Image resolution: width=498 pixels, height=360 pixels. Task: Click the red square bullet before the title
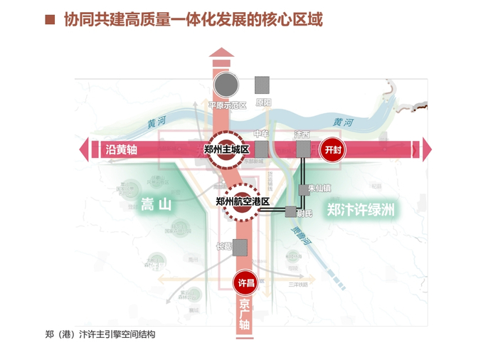pyautogui.click(x=50, y=19)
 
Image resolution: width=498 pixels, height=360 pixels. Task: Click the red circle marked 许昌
pyautogui.click(x=245, y=282)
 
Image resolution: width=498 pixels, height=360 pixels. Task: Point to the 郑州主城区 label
pyautogui.click(x=226, y=149)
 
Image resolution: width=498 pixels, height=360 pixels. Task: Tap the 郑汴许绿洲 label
pyautogui.click(x=361, y=210)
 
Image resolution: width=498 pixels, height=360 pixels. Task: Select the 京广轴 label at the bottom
pyautogui.click(x=245, y=314)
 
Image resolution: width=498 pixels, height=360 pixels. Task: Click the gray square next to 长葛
pyautogui.click(x=240, y=247)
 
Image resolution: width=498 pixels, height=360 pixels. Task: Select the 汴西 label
pyautogui.click(x=302, y=134)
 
